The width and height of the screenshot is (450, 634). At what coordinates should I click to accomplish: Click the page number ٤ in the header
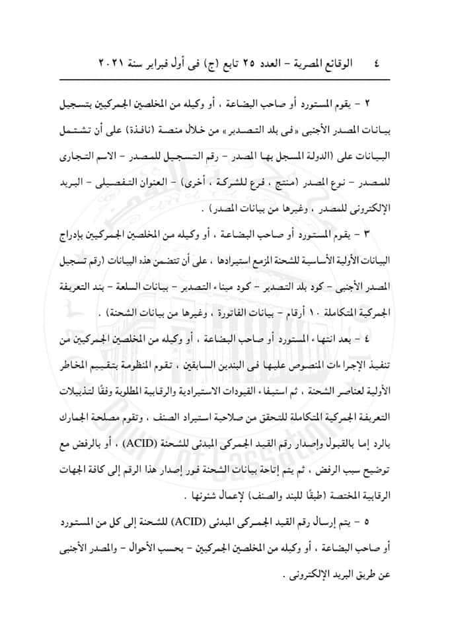[377, 65]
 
